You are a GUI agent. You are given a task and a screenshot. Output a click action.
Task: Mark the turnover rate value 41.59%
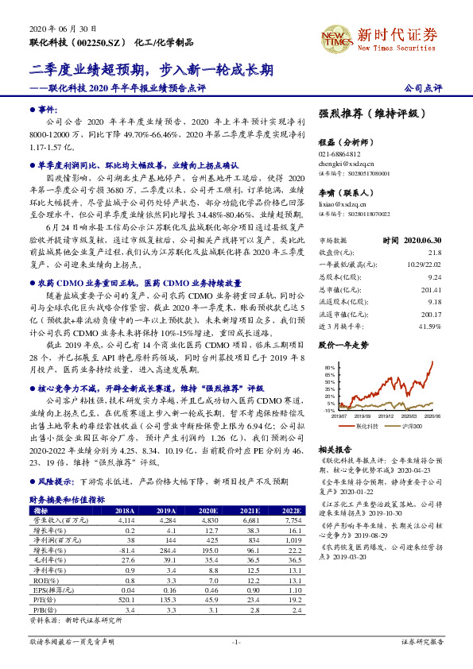[x=431, y=304]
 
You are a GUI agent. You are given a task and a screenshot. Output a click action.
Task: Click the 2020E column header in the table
[x=208, y=510]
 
